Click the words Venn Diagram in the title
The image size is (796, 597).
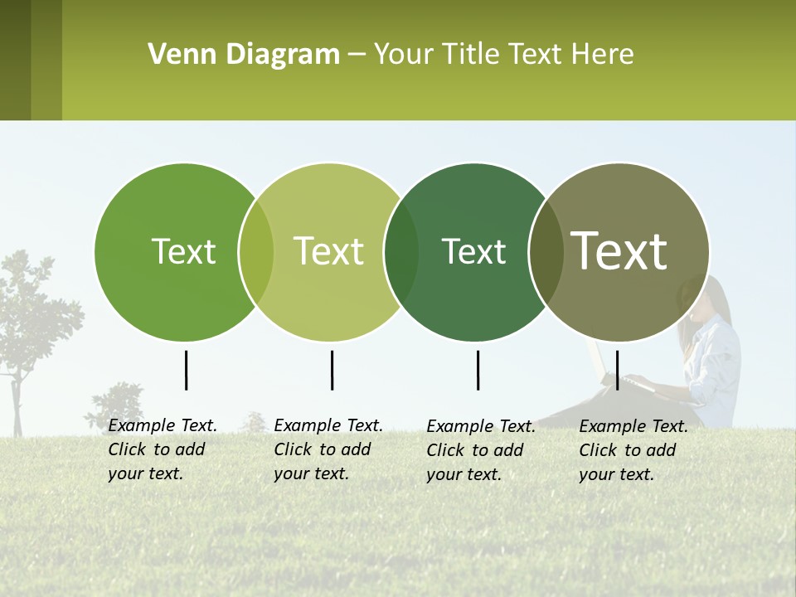(244, 55)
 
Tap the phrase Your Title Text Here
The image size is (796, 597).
(503, 55)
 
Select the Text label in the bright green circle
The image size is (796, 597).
(183, 251)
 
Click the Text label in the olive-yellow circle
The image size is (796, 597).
(328, 251)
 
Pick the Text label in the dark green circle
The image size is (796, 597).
(473, 251)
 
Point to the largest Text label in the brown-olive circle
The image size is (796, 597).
(619, 250)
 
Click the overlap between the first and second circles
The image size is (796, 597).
(256, 252)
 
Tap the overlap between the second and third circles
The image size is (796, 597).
(401, 252)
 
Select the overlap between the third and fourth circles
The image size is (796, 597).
(545, 252)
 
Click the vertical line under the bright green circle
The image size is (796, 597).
(186, 370)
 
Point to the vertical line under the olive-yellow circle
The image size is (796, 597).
(332, 370)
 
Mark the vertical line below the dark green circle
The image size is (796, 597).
(478, 370)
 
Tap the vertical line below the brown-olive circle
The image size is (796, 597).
(617, 370)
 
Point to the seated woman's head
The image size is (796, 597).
(705, 303)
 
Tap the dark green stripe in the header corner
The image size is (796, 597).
(15, 60)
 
